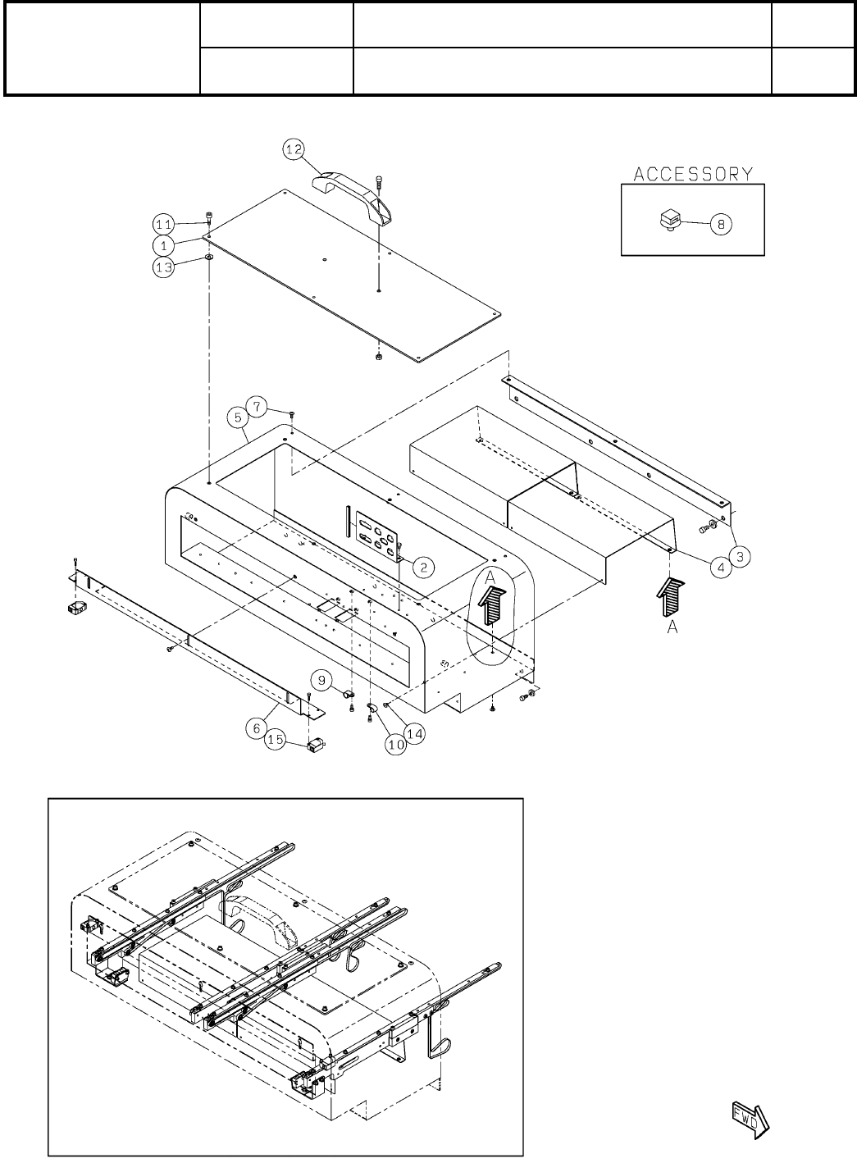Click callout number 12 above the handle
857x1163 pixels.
[294, 149]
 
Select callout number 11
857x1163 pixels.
[162, 223]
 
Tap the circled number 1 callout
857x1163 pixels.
[162, 244]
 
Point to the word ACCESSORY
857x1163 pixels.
[693, 174]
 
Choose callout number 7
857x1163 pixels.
[258, 405]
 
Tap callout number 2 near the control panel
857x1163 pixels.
[423, 565]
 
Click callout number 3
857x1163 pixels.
[740, 555]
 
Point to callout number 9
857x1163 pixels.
[321, 678]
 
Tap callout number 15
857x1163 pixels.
[276, 741]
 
